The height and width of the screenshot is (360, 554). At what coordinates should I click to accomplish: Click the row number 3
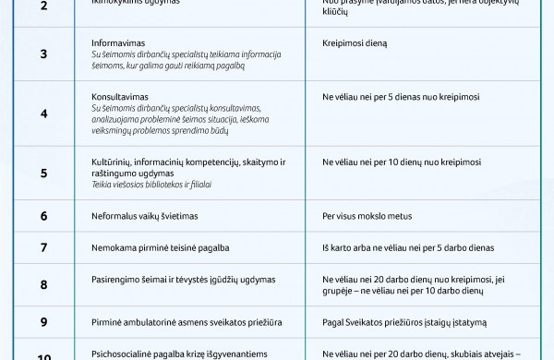tap(43, 54)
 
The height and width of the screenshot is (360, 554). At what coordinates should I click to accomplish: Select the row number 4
tap(43, 114)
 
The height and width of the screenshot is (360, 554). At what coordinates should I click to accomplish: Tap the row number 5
tap(43, 173)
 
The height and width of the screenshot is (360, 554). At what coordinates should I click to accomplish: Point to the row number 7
tap(43, 247)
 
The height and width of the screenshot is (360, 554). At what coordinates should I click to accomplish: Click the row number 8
tap(43, 284)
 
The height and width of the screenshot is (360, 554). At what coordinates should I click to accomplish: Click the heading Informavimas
tap(118, 43)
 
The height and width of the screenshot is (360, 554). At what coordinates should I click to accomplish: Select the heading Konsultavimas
tap(121, 96)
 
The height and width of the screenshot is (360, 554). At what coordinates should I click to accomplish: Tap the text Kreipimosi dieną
tap(355, 43)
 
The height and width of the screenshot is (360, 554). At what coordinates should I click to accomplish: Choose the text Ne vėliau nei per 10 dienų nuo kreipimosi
tap(402, 162)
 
